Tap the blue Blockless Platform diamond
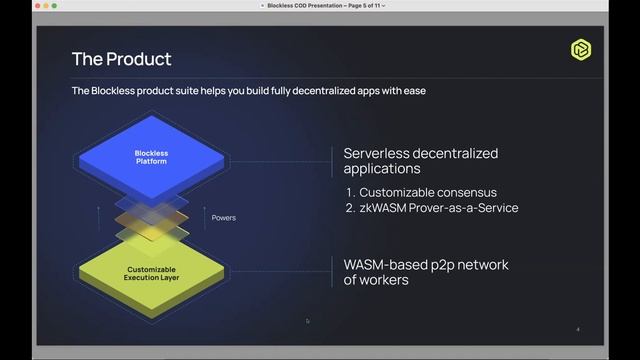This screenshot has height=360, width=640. click(151, 158)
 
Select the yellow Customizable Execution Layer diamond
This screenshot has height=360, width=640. click(151, 271)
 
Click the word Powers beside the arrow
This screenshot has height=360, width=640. click(224, 216)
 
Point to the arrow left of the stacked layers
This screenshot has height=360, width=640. click(98, 216)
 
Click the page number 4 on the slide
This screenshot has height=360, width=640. click(578, 328)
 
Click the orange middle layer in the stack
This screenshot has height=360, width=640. click(151, 217)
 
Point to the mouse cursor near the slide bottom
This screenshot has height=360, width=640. click(308, 321)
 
